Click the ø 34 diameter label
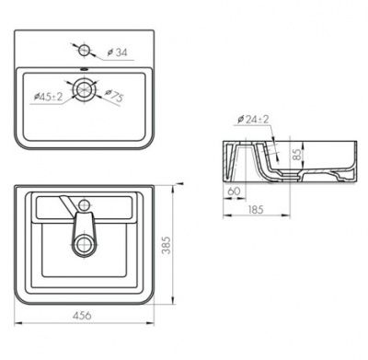click(117, 52)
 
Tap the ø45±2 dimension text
click(48, 97)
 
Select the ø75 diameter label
click(114, 96)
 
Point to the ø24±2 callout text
click(253, 120)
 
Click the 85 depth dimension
click(296, 153)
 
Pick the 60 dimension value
click(234, 191)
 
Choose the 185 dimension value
click(256, 209)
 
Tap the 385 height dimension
click(166, 245)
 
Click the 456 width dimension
click(82, 315)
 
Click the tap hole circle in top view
click(84, 50)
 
